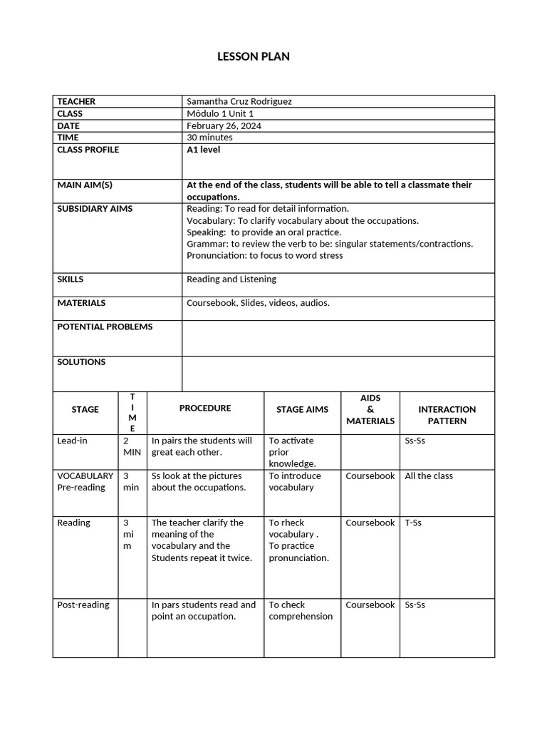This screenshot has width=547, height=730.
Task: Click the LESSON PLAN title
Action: point(254,56)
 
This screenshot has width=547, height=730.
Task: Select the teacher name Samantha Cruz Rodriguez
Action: point(239,101)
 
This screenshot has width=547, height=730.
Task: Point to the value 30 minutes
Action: point(209,137)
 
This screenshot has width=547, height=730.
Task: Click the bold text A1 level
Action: point(203,150)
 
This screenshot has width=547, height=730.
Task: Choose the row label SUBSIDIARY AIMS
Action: point(95,209)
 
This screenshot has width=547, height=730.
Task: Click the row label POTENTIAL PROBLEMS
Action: point(105,327)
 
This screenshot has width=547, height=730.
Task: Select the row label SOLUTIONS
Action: point(81,362)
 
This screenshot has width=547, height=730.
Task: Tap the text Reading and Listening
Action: point(231,279)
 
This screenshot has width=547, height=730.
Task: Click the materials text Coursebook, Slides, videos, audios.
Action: point(258,303)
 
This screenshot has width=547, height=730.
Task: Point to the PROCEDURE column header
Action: point(205,408)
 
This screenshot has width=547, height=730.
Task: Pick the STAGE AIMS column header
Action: point(302,409)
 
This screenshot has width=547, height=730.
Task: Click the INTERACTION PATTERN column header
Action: point(447,415)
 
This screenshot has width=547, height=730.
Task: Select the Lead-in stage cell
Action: point(72,441)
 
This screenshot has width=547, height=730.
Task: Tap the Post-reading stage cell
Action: point(83,605)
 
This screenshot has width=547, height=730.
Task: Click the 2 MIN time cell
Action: point(132,446)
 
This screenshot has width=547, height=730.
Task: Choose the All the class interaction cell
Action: point(429,475)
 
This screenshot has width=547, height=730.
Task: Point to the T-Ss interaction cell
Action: point(413,523)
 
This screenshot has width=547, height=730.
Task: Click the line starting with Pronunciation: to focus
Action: point(264,255)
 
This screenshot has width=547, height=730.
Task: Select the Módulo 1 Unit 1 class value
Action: point(219,113)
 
